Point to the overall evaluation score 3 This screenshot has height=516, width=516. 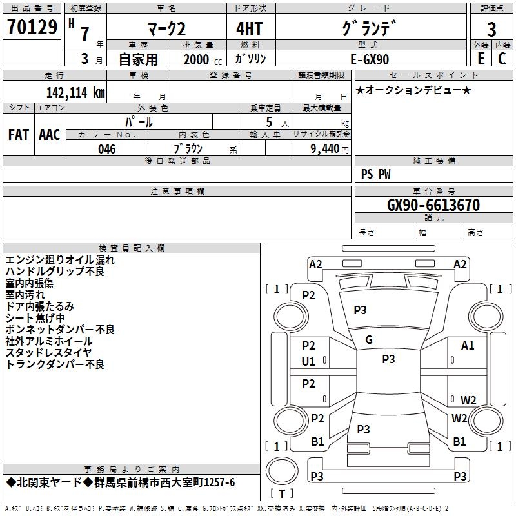click(491, 30)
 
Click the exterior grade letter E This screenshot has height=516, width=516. click(481, 58)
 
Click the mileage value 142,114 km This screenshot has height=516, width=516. click(75, 92)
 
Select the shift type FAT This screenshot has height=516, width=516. click(18, 135)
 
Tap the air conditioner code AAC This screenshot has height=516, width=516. click(50, 135)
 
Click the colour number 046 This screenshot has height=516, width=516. click(106, 149)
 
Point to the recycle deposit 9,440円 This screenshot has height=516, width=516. click(325, 149)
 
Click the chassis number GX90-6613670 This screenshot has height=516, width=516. click(433, 205)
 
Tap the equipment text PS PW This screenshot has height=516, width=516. click(375, 174)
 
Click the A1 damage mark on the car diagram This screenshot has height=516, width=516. click(468, 346)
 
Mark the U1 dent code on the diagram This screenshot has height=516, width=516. click(309, 362)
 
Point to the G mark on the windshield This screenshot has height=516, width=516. click(369, 340)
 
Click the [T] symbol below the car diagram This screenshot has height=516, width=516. click(282, 494)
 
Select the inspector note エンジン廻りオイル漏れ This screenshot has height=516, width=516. click(60, 260)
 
